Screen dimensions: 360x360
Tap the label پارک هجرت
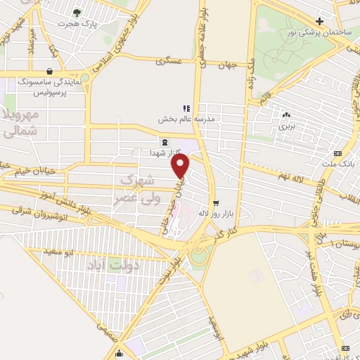point(78,25)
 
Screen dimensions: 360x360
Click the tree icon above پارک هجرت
point(78,13)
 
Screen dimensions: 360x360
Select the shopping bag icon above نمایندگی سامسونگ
point(50,71)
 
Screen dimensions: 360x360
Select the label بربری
point(285,127)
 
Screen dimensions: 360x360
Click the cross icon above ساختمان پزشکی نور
point(320,22)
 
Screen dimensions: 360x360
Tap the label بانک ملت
point(340,164)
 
